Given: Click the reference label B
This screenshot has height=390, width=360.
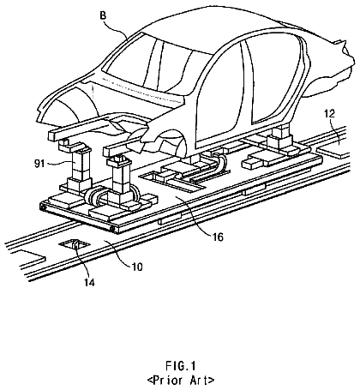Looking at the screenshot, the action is (103, 15).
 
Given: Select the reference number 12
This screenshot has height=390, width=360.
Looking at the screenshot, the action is (329, 114).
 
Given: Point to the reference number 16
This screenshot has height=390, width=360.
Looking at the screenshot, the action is (218, 237).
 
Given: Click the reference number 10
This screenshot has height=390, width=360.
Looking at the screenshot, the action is (137, 267).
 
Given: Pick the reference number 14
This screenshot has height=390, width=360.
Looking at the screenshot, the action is (89, 282).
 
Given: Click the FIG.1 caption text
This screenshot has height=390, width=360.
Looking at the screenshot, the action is (180, 366).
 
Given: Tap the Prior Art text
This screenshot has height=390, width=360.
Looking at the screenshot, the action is (181, 381).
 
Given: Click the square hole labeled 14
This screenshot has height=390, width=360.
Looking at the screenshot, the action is (75, 244).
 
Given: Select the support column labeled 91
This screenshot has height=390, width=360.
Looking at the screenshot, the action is (79, 167).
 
